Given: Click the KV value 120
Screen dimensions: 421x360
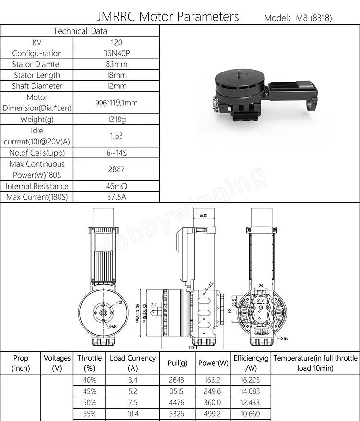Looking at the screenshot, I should pyautogui.click(x=116, y=42).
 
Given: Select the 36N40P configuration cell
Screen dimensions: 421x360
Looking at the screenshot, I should pyautogui.click(x=116, y=53).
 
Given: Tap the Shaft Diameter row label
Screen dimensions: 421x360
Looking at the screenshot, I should pyautogui.click(x=37, y=86).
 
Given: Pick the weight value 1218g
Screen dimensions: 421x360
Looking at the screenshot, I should pyautogui.click(x=116, y=120).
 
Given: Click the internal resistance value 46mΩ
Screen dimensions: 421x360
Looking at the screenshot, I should pyautogui.click(x=116, y=186).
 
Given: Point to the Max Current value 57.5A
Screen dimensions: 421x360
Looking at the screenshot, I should pyautogui.click(x=116, y=197).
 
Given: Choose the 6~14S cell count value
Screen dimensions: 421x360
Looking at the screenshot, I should pyautogui.click(x=116, y=153).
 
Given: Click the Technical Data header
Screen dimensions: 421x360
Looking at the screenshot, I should pyautogui.click(x=80, y=31).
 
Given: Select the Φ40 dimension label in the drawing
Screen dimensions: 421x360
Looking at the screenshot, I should pyautogui.click(x=204, y=216).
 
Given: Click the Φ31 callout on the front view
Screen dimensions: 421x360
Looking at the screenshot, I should pyautogui.click(x=120, y=303).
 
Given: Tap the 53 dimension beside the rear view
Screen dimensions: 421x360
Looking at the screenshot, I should pyautogui.click(x=230, y=310).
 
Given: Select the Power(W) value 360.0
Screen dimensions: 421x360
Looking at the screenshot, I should pyautogui.click(x=213, y=402).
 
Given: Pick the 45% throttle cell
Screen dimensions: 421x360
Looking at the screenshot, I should pyautogui.click(x=89, y=391).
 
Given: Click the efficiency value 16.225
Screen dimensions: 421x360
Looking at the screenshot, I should pyautogui.click(x=250, y=379).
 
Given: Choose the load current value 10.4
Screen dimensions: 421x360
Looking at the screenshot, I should pyautogui.click(x=132, y=414).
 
